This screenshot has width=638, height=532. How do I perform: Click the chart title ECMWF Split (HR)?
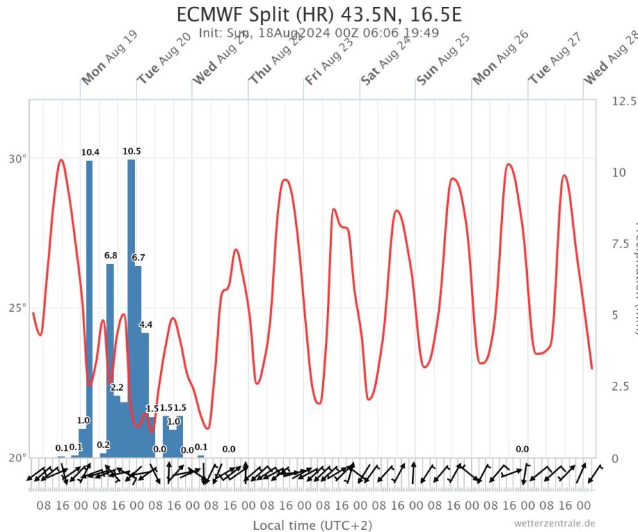pyautogui.click(x=319, y=15)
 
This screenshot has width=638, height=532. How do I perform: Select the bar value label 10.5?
pyautogui.click(x=132, y=151)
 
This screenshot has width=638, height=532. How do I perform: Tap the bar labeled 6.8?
pyautogui.click(x=110, y=360)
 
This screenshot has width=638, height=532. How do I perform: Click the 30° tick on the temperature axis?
pyautogui.click(x=17, y=158)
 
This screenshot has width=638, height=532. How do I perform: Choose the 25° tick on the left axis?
pyautogui.click(x=17, y=308)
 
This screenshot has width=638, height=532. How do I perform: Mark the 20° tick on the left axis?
pyautogui.click(x=17, y=458)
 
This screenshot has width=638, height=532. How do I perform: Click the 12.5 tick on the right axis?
pyautogui.click(x=623, y=101)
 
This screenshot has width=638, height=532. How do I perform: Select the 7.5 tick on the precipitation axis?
pyautogui.click(x=621, y=244)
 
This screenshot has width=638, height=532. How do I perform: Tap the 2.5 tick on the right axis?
pyautogui.click(x=621, y=387)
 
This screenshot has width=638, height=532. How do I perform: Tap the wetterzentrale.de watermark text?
pyautogui.click(x=554, y=523)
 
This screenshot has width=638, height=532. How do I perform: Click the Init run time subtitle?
pyautogui.click(x=319, y=33)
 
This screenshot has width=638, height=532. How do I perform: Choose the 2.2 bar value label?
pyautogui.click(x=117, y=387)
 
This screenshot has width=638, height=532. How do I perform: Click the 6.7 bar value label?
pyautogui.click(x=139, y=258)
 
